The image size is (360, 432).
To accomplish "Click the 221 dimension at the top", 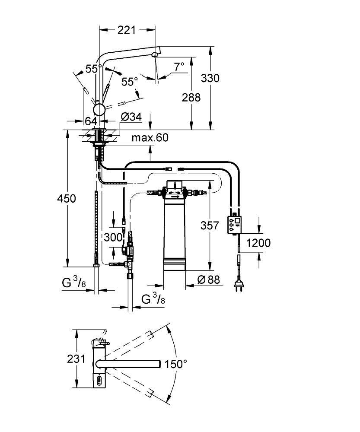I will click(x=127, y=30).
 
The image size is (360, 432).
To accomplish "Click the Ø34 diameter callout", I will click(x=131, y=117).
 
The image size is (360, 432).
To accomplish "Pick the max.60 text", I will click(x=150, y=138).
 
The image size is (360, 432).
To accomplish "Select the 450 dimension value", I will click(x=67, y=198).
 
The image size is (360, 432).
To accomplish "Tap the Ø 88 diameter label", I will click(x=208, y=280).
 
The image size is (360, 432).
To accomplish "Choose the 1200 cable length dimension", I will click(x=258, y=242).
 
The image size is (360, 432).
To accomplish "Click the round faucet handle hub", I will click(x=99, y=109).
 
